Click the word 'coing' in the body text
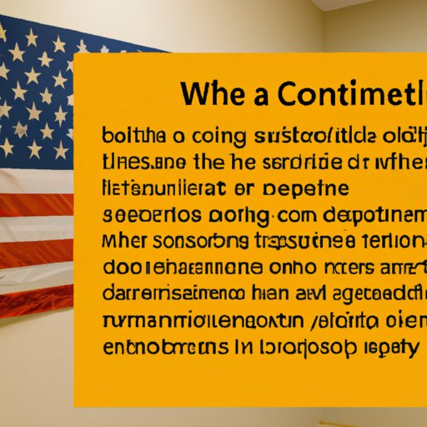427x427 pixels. click(x=203, y=136)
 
